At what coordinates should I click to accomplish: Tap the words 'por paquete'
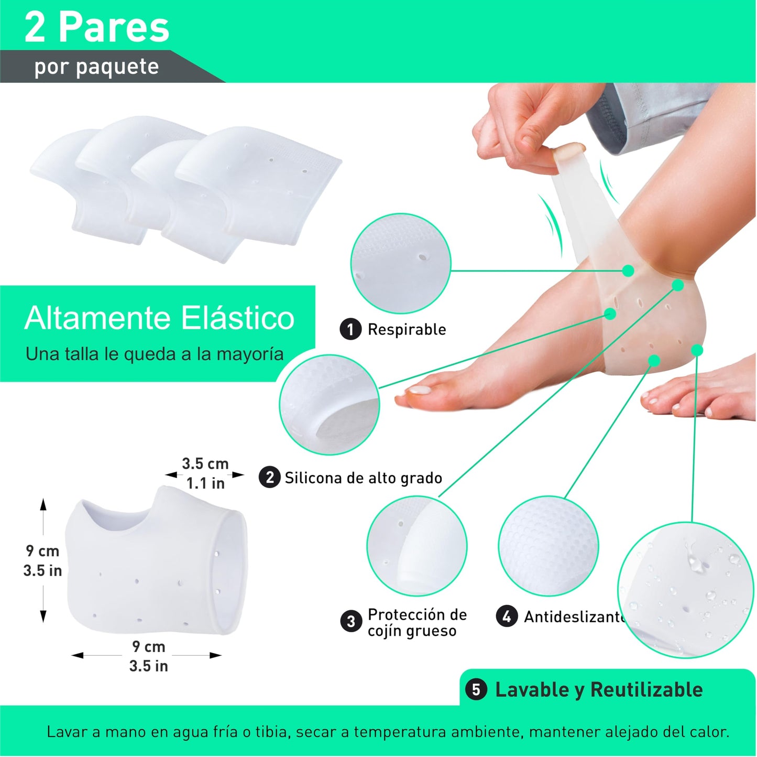tap(96, 67)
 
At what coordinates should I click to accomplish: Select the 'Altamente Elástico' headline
tap(159, 318)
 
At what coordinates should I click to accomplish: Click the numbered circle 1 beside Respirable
tap(350, 330)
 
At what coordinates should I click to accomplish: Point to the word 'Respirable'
tap(407, 330)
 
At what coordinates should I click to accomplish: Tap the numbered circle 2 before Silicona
tap(269, 478)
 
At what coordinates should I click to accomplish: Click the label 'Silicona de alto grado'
tap(363, 478)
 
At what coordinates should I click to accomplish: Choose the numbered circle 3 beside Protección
tap(351, 622)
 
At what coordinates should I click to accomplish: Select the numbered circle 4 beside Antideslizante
tap(507, 617)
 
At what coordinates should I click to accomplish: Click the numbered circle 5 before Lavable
tap(476, 689)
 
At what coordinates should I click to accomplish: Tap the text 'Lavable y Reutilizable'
tap(599, 690)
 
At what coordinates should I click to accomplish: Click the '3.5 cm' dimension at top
tap(205, 464)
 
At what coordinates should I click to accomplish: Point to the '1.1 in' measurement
tap(205, 483)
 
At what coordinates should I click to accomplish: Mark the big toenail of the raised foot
tap(420, 390)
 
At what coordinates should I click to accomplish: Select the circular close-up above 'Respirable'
tap(401, 263)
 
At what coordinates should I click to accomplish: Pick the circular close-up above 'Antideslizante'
tap(548, 546)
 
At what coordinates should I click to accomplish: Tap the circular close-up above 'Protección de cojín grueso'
tap(416, 546)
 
